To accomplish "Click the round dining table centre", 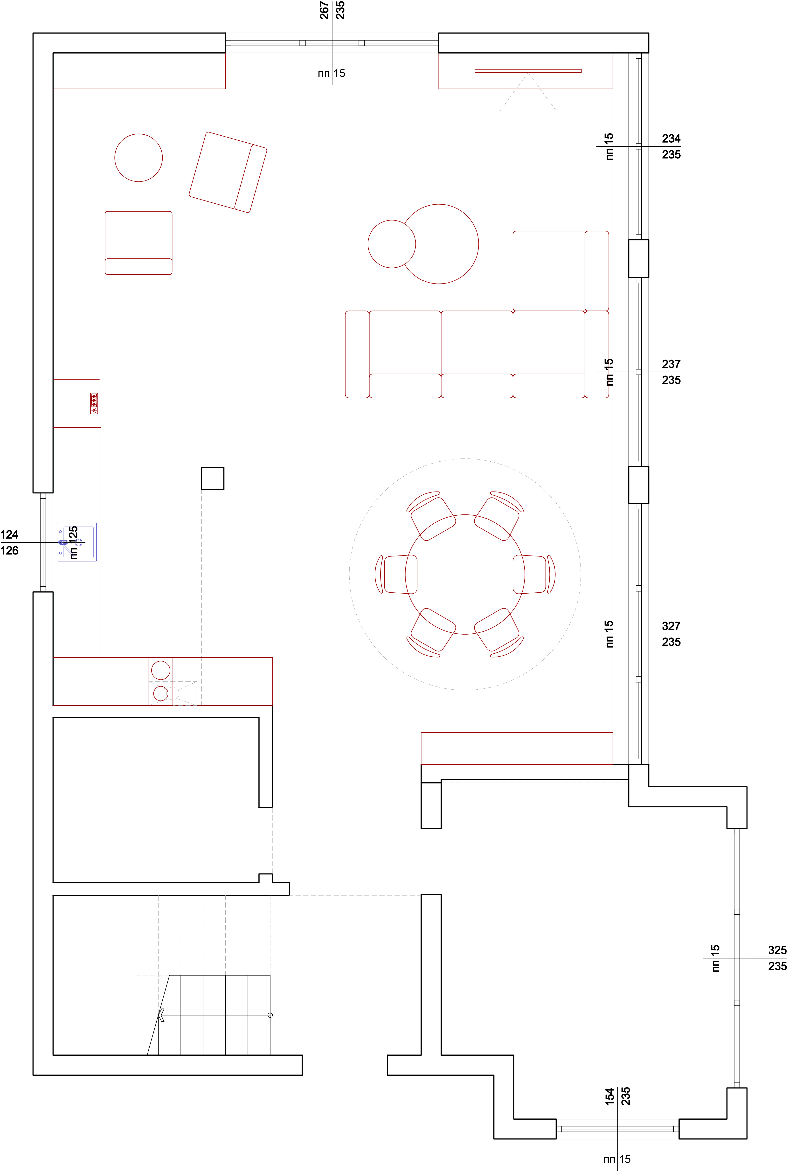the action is pyautogui.click(x=465, y=575).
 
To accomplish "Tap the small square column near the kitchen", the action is pyautogui.click(x=213, y=479).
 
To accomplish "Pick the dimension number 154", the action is pyautogui.click(x=610, y=1096).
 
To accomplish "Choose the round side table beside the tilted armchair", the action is pyautogui.click(x=139, y=158).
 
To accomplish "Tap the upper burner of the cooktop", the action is pyautogui.click(x=161, y=670).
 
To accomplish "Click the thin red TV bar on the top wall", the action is pyautogui.click(x=528, y=71).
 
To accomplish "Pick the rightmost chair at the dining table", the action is pyautogui.click(x=534, y=575).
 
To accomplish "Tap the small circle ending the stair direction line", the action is pyautogui.click(x=270, y=1015).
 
